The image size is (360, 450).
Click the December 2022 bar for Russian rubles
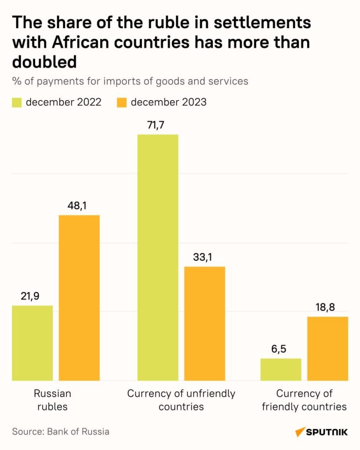(33, 343)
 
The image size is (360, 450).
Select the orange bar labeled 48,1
(79, 298)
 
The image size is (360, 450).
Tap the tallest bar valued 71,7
(158, 257)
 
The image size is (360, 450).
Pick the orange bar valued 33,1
(204, 323)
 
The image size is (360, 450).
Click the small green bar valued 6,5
(281, 369)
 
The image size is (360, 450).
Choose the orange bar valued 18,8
(327, 348)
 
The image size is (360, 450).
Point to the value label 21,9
(30, 296)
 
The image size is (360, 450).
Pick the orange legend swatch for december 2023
(122, 102)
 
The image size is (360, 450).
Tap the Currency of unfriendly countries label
(181, 399)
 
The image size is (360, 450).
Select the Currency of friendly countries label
(304, 399)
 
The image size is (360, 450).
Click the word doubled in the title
(44, 62)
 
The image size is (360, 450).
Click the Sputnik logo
(321, 432)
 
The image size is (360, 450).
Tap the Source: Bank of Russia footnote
(61, 431)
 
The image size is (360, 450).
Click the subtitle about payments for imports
(130, 81)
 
